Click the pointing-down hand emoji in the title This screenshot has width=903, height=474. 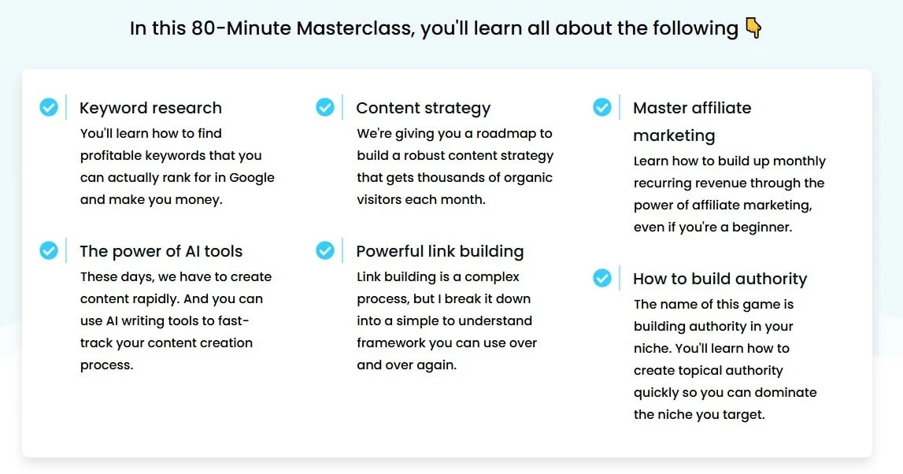tap(753, 28)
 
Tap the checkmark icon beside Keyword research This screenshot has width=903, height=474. tap(49, 107)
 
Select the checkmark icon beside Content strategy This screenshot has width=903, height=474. tap(325, 107)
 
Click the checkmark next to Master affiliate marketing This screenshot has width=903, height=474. tap(602, 107)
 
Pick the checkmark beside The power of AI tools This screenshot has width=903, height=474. tap(49, 250)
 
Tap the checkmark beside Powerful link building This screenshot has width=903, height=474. tap(325, 250)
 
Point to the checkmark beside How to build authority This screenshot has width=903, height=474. tap(602, 278)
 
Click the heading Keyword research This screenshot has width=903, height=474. tap(150, 108)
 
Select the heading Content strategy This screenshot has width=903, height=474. tap(423, 108)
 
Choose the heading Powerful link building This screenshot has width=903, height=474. tap(439, 251)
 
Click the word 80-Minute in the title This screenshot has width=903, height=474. tap(240, 28)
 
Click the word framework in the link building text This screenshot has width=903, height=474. tap(391, 343)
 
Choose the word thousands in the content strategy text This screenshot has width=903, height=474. tap(456, 178)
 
